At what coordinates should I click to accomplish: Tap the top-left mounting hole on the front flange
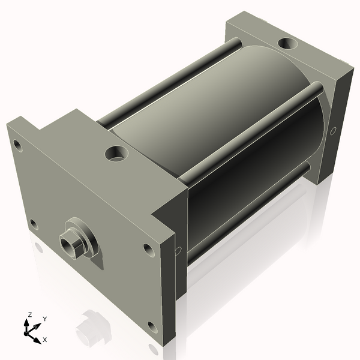click(18, 145)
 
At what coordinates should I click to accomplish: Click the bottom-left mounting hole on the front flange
click(34, 224)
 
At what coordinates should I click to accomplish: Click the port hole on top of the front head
click(115, 153)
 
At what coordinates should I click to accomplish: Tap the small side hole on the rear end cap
click(334, 130)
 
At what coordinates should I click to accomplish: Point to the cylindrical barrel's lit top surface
click(198, 102)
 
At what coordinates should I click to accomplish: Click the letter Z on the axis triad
click(29, 314)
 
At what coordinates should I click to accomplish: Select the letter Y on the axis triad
click(44, 319)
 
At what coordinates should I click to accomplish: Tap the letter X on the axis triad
click(44, 340)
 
